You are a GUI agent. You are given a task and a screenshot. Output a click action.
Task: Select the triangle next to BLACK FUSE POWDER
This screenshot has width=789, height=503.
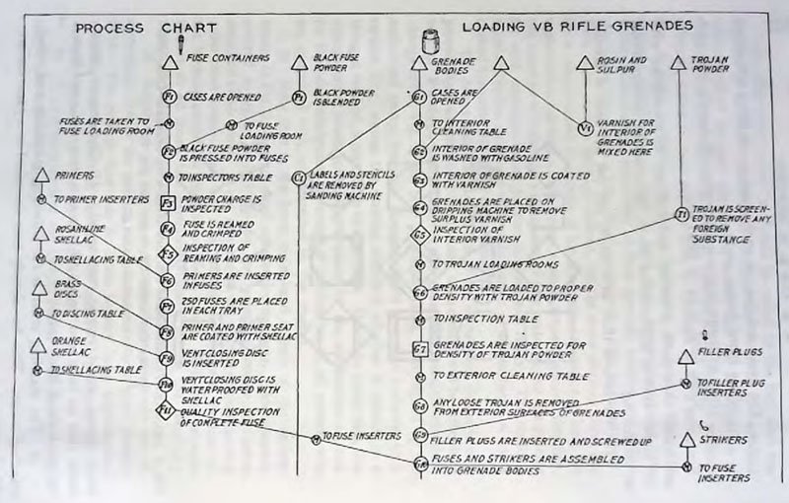(300, 64)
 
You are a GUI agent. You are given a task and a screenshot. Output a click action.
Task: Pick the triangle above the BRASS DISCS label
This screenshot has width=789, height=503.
(39, 288)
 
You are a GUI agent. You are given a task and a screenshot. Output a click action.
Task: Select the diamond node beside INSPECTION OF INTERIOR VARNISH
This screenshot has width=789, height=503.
(419, 237)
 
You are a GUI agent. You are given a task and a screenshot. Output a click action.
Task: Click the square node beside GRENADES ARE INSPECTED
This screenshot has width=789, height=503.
(419, 348)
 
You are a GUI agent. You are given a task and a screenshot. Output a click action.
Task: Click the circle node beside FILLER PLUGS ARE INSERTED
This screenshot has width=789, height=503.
(419, 434)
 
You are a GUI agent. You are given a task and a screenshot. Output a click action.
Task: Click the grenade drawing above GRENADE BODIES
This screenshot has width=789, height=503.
(427, 39)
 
